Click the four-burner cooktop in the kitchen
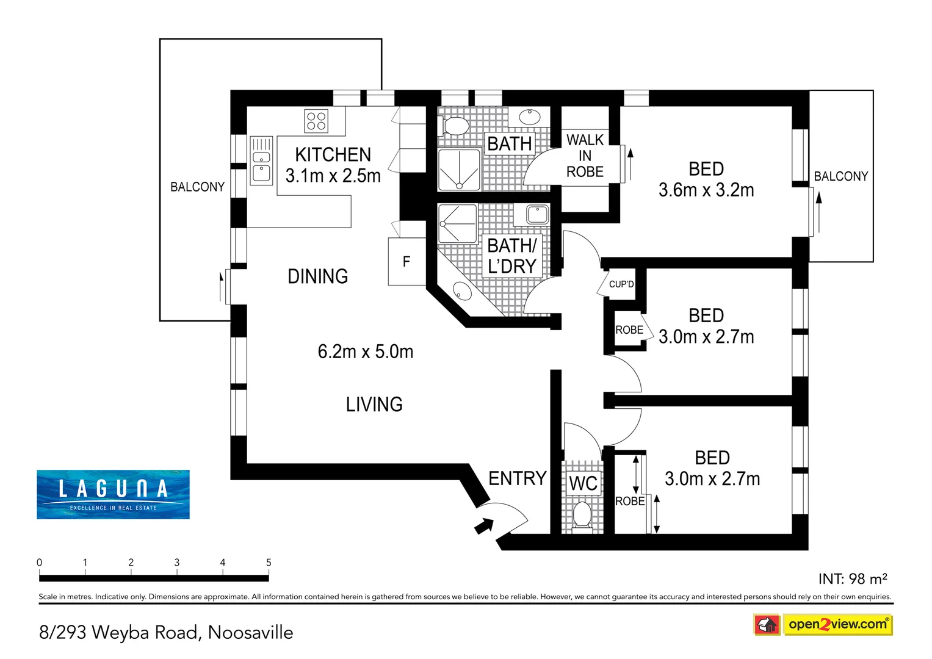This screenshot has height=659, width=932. (316, 121)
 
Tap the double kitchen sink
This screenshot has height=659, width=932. (261, 160)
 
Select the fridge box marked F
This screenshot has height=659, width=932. (406, 262)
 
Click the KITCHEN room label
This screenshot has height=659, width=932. (333, 154)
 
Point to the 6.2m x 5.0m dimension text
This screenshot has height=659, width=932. (365, 351)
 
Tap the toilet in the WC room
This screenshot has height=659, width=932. (582, 515)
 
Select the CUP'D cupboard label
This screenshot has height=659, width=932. (621, 284)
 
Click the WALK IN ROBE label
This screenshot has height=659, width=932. (585, 156)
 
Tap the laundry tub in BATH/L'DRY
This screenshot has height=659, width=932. (537, 215)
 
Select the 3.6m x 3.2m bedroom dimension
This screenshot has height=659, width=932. (706, 190)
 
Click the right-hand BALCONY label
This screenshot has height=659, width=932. (840, 176)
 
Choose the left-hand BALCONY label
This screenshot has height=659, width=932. (197, 187)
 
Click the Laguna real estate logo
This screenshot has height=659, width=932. (113, 494)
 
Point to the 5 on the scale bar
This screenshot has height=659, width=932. (269, 563)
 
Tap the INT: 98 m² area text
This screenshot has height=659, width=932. (852, 578)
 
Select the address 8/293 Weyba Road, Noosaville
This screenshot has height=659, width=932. (166, 633)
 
